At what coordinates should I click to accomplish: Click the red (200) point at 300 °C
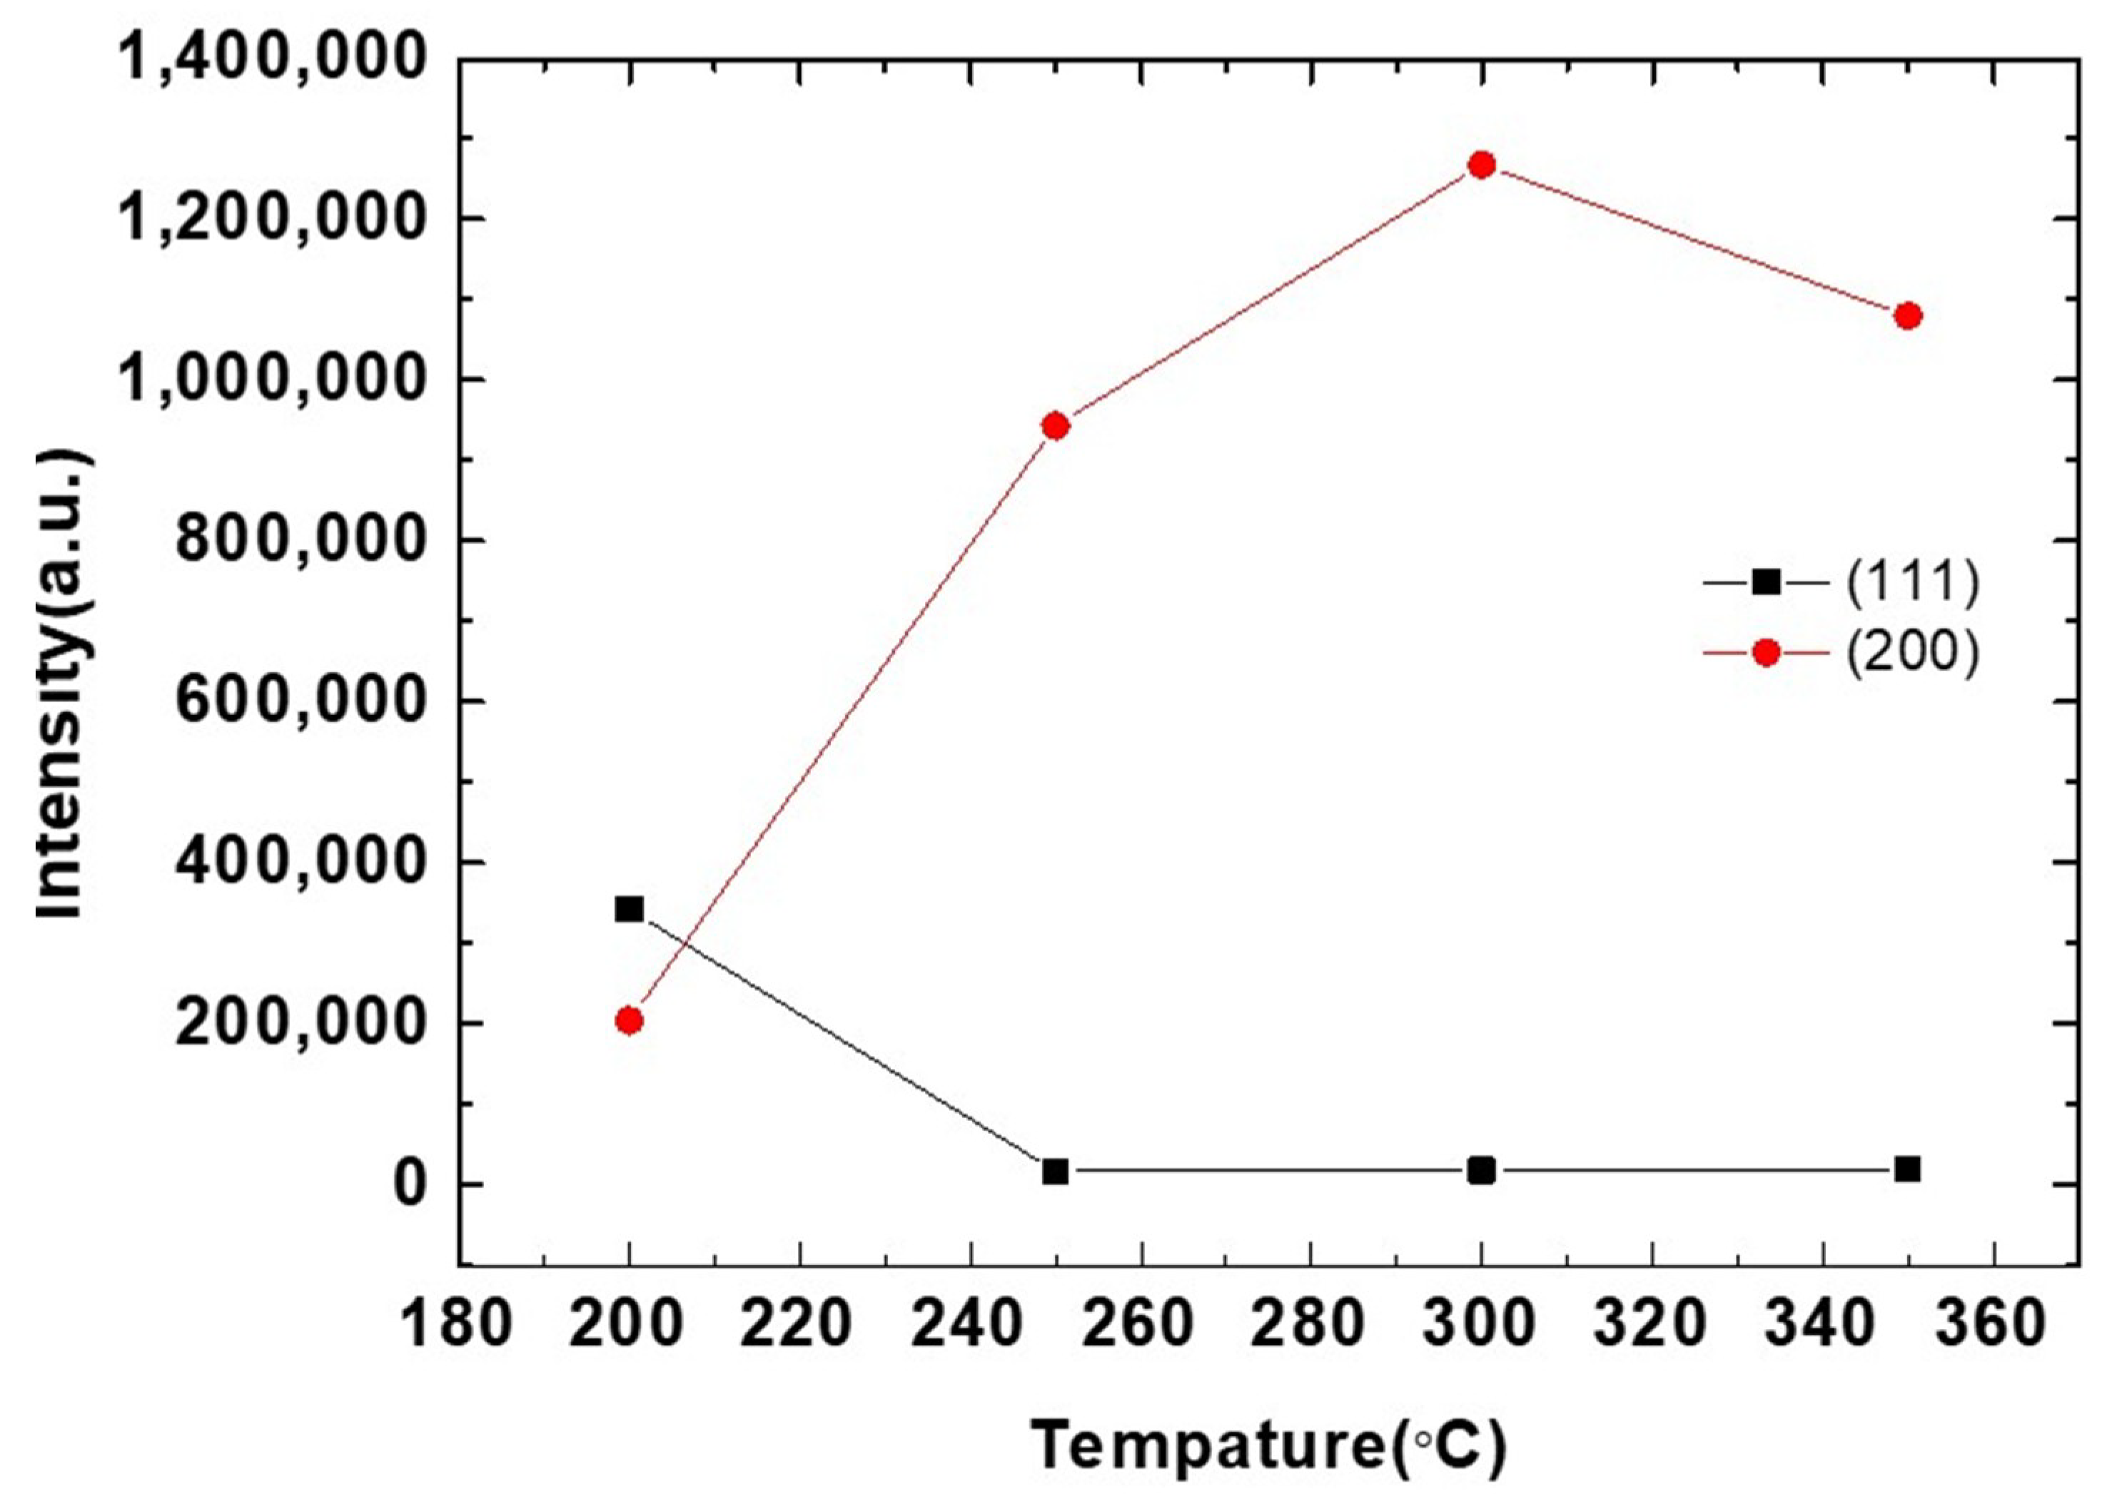tap(1481, 166)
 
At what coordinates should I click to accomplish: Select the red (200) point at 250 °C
tap(1056, 426)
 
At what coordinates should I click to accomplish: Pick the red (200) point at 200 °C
tap(630, 1020)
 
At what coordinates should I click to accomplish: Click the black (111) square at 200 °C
tap(630, 909)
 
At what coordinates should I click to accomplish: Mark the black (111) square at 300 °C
tap(1481, 1170)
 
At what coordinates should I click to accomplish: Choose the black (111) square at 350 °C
tap(1909, 1169)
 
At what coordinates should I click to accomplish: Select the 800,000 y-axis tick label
tap(303, 541)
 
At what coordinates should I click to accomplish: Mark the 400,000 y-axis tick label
tap(303, 863)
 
